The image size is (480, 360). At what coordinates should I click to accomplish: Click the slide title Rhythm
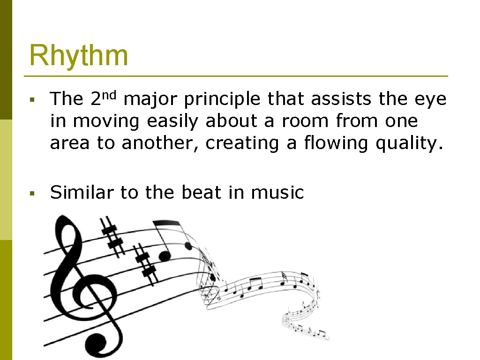(78, 56)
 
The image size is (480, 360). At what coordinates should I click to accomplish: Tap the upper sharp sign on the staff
(112, 235)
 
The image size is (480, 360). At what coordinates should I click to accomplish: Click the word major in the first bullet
(151, 99)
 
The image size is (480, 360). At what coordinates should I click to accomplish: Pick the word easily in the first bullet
(174, 121)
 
